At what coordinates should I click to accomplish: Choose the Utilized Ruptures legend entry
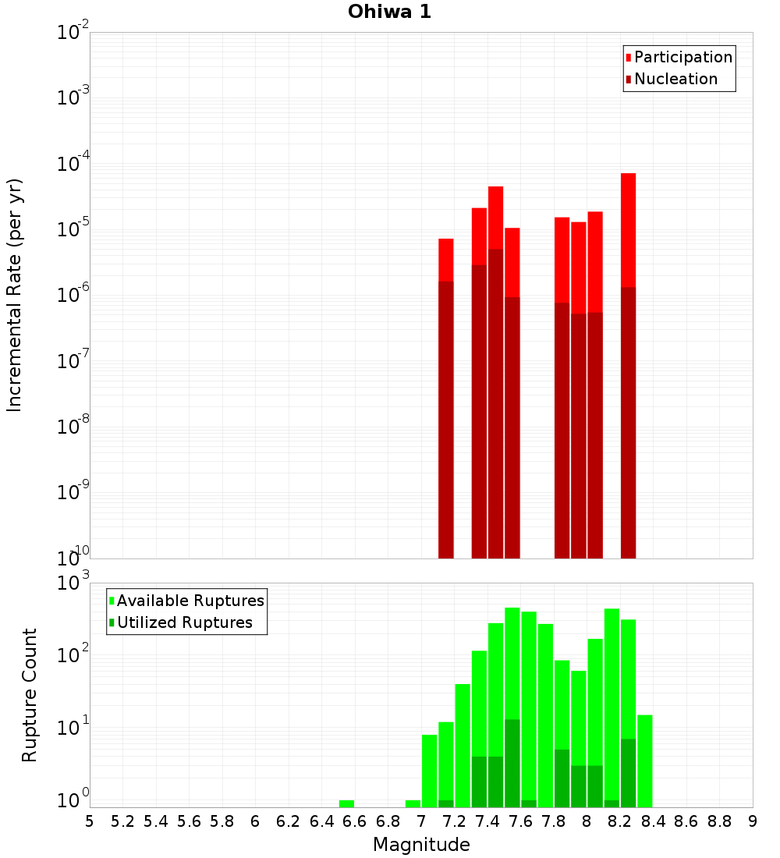coord(184,622)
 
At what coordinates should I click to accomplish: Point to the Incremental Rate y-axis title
coord(15,296)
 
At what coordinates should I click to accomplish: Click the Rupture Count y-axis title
coord(30,695)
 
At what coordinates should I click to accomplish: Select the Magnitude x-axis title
coord(421,845)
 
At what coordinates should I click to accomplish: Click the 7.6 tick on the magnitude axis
coord(520,821)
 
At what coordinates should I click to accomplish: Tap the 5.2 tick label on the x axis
coord(122,821)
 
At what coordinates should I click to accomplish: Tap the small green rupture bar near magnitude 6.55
coord(346,803)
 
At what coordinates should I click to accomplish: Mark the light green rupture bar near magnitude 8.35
coord(645,760)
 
